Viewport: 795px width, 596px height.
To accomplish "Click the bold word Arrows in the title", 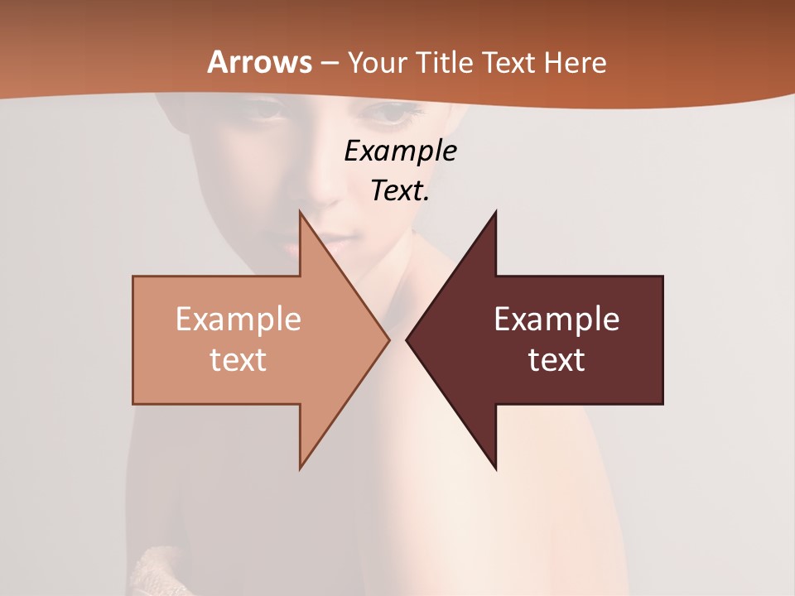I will tap(259, 62).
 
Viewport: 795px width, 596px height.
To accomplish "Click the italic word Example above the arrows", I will tap(400, 151).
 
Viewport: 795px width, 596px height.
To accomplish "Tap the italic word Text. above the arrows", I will tap(400, 190).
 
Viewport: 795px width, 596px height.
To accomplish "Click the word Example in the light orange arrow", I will tap(238, 320).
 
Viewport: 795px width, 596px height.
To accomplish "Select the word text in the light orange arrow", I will tap(238, 360).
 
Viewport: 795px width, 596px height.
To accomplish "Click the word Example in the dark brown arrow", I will tap(556, 320).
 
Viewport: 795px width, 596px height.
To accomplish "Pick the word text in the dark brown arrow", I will tap(556, 360).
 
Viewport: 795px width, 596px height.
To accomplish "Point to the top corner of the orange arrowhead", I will tap(301, 213).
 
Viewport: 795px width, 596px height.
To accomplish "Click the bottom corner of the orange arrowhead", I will tap(301, 468).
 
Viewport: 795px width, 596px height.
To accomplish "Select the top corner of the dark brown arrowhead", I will tap(495, 213).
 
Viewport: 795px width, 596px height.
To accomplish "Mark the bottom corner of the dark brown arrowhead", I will tap(495, 469).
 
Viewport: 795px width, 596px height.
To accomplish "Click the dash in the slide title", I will tap(329, 63).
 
